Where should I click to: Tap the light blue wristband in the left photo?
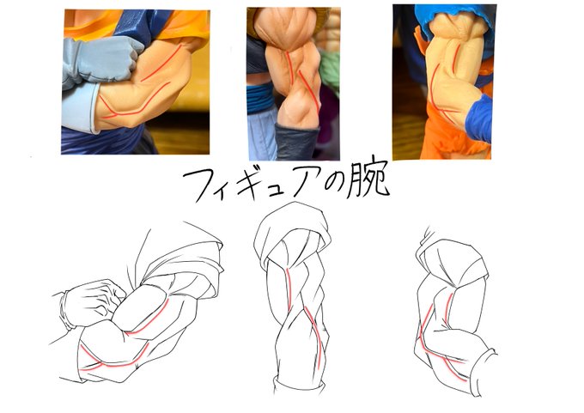[x=79, y=108]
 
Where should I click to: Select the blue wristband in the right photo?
[x=479, y=118]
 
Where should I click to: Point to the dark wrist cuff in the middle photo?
[x=296, y=143]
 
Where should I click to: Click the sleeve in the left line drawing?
[x=182, y=253]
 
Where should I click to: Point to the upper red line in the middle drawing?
[x=289, y=289]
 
